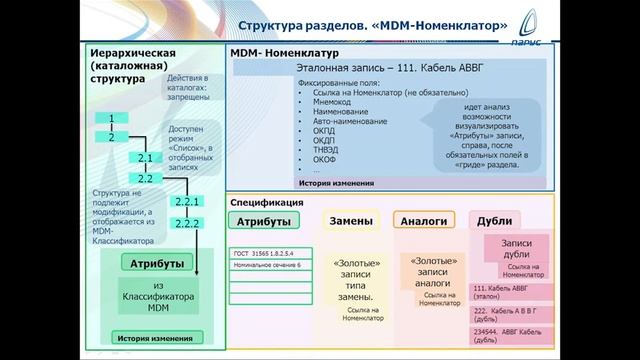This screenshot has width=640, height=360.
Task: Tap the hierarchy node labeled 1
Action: [112, 119]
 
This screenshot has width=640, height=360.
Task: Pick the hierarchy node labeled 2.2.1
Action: [188, 202]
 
